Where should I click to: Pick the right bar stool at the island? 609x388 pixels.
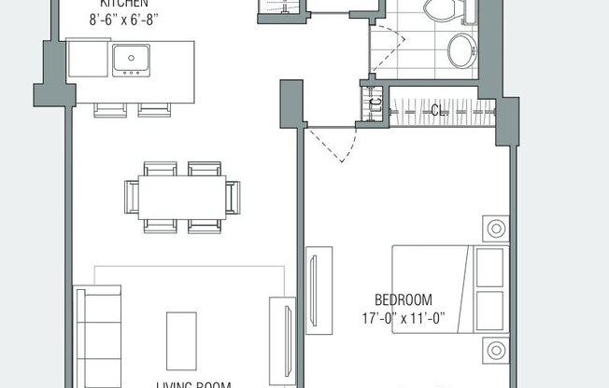pos(154,110)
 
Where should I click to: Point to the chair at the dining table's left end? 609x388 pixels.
pos(131,197)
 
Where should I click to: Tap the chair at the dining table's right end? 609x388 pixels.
pos(233,197)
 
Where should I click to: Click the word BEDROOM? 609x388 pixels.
pos(403,300)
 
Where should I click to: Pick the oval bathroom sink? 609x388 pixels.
pos(461,50)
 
